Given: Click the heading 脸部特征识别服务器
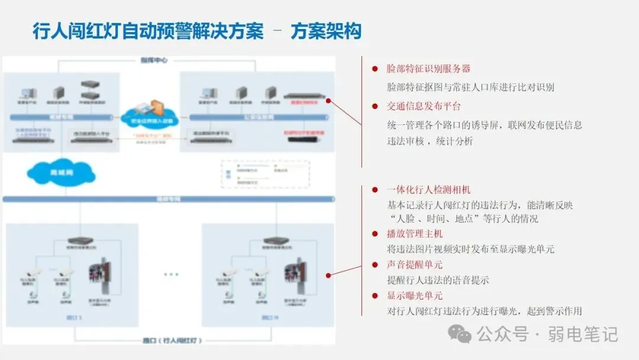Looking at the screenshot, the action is coord(428,69).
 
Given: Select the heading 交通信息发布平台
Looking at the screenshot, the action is coord(423,107).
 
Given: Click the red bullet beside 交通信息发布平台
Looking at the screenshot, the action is coord(375,107).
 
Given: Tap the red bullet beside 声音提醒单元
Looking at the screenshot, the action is coord(375,265).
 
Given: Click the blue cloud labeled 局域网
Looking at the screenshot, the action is coord(61,172).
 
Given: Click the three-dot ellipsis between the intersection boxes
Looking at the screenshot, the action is coord(171,275).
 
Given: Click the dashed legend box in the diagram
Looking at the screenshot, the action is coord(265,173).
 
